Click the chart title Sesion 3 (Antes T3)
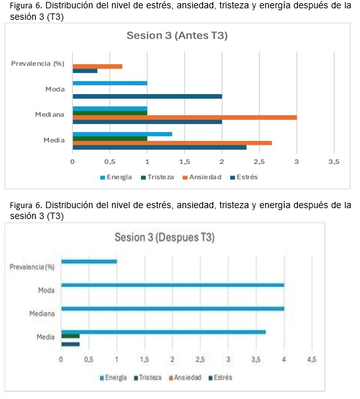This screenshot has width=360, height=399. pyautogui.click(x=177, y=36)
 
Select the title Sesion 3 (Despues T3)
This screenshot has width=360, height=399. pyautogui.click(x=165, y=238)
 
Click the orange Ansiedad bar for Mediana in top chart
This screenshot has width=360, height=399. pyautogui.click(x=185, y=118)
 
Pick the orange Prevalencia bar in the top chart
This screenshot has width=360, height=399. pyautogui.click(x=97, y=67)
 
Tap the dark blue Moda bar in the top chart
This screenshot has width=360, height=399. pyautogui.click(x=147, y=97)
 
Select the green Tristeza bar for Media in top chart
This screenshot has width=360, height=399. pyautogui.click(x=110, y=139)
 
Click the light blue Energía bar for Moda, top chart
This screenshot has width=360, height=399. pyautogui.click(x=110, y=83)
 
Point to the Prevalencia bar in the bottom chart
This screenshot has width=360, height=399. pyautogui.click(x=89, y=261)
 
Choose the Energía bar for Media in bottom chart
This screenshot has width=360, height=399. pyautogui.click(x=163, y=332)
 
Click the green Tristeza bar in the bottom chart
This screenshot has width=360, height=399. pyautogui.click(x=70, y=336)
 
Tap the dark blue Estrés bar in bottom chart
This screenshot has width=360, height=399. pyautogui.click(x=70, y=345)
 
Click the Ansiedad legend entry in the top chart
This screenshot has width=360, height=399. pyautogui.click(x=202, y=177)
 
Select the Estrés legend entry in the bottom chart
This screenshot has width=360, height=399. pyautogui.click(x=220, y=378)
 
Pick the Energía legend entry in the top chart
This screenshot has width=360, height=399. pyautogui.click(x=116, y=177)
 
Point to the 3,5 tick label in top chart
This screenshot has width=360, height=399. pyautogui.click(x=334, y=161)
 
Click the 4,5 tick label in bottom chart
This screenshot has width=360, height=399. pyautogui.click(x=311, y=359)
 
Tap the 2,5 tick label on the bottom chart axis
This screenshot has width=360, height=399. pyautogui.click(x=200, y=359)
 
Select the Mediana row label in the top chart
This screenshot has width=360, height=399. pyautogui.click(x=49, y=115)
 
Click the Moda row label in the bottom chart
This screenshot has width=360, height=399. pyautogui.click(x=46, y=290)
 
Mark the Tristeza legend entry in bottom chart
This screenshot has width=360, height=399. pyautogui.click(x=148, y=378)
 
